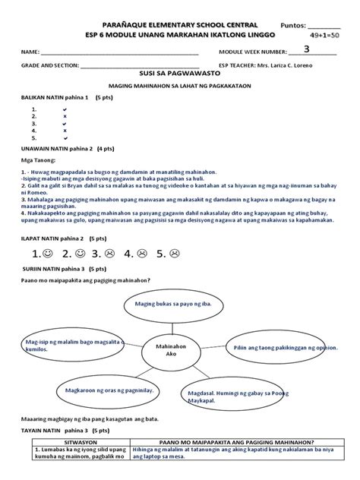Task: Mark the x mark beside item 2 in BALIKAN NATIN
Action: click(x=65, y=116)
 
